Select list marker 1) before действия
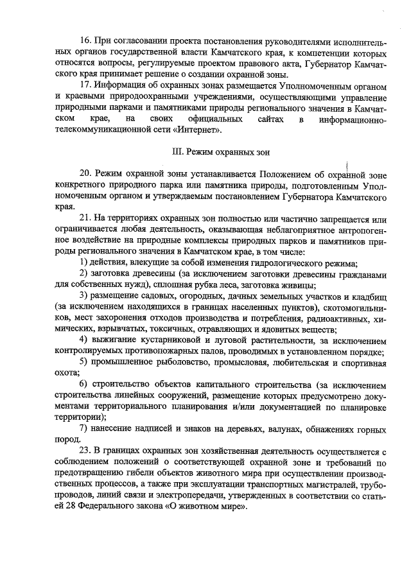pos(83,263)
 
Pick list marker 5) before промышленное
pos(83,361)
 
